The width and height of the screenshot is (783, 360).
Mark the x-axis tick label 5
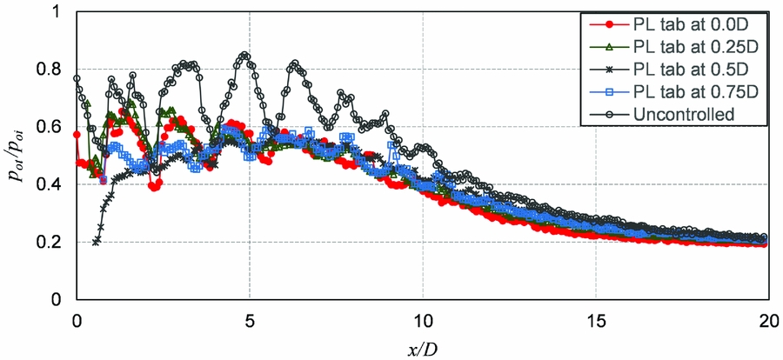tap(250, 317)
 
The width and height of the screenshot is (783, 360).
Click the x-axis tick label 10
tap(423, 317)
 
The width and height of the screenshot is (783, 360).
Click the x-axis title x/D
tap(422, 347)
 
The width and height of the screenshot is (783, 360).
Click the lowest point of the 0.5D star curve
tap(96, 242)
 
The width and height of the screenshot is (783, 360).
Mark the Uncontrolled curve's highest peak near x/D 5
tap(244, 56)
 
